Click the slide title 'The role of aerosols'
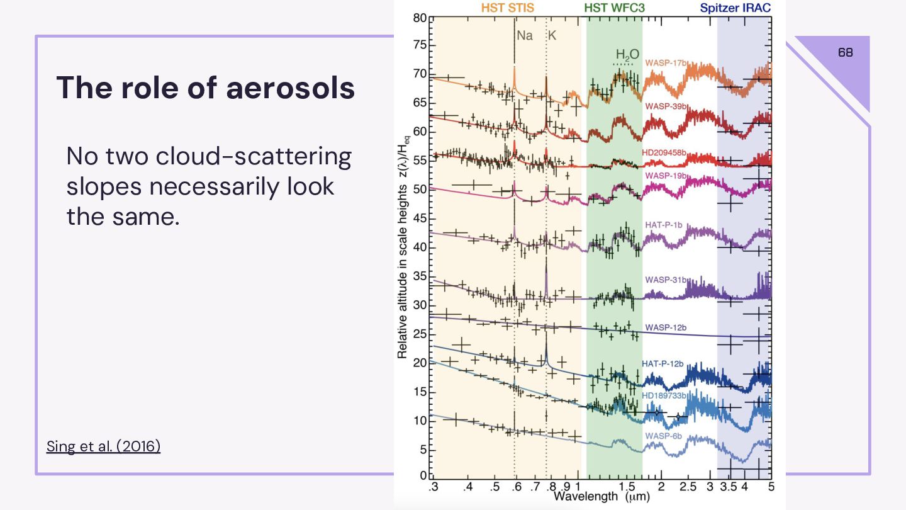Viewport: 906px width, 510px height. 206,88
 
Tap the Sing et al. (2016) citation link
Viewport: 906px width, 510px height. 103,446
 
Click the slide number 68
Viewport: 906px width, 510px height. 846,53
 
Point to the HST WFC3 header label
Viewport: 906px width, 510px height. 614,8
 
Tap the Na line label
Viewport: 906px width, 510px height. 524,36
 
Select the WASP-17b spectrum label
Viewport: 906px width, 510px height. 665,63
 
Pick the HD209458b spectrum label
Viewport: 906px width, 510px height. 664,153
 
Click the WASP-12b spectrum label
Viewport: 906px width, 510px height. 665,327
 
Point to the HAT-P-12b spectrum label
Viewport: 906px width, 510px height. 663,364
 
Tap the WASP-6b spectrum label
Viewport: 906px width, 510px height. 663,436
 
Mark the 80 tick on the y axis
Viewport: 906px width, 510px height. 419,18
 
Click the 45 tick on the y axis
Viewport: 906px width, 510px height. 419,218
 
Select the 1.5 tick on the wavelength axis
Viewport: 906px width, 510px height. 627,487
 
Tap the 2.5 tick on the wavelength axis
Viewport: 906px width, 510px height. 688,487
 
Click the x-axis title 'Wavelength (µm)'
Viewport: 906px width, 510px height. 601,497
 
